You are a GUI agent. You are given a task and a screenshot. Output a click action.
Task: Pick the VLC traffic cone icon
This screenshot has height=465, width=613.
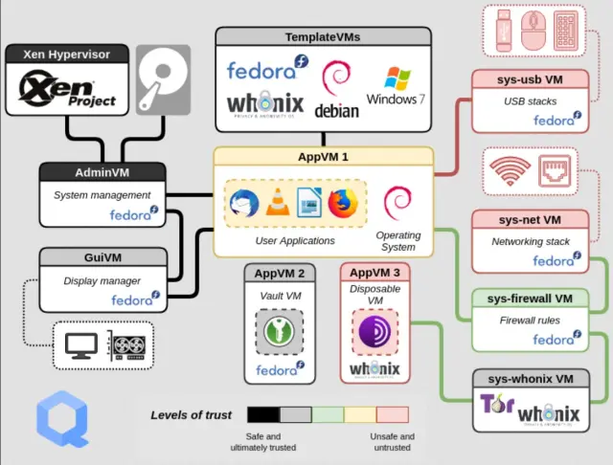point(276,203)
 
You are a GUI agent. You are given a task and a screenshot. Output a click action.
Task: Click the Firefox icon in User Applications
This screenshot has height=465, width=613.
point(341,203)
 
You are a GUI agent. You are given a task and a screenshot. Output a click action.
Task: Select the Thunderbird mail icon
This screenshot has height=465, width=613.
point(243,203)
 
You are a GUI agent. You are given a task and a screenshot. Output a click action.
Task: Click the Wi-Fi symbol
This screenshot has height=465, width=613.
point(511,173)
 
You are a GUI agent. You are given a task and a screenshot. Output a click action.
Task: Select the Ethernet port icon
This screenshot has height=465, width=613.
point(555,173)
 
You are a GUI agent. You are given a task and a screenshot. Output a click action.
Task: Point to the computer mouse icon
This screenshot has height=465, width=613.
point(533,31)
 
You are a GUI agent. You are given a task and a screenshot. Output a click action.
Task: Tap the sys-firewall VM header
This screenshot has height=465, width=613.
point(530,298)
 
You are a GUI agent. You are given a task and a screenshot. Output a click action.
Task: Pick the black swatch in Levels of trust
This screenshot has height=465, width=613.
point(262,414)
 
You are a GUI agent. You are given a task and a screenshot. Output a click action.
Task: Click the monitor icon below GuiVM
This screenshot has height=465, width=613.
point(79,345)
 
